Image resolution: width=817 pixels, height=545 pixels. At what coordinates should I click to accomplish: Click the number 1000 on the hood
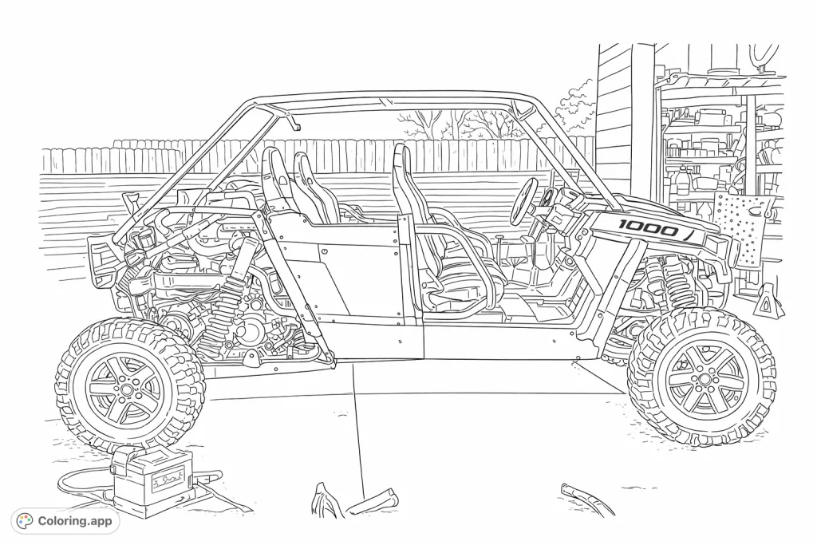[648, 228]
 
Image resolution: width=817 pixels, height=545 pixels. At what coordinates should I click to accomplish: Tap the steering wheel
[527, 196]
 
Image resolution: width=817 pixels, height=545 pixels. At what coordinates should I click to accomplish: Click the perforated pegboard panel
[742, 224]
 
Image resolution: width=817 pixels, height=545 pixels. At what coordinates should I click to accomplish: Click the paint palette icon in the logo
[26, 521]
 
